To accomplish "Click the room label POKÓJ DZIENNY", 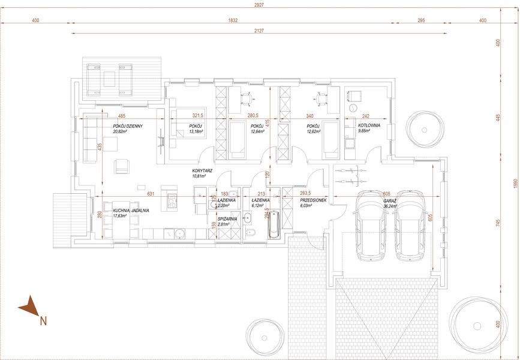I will [127, 126].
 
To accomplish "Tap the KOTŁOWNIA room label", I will [369, 127].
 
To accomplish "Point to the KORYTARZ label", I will [203, 170].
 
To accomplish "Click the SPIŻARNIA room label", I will [227, 219].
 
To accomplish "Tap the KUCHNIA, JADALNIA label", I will [131, 211].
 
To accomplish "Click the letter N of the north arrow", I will [43, 320].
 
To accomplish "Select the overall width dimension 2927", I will [259, 5].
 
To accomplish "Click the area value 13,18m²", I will [196, 131].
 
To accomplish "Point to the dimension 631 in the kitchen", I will [151, 193].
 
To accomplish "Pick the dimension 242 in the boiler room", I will [365, 116].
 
